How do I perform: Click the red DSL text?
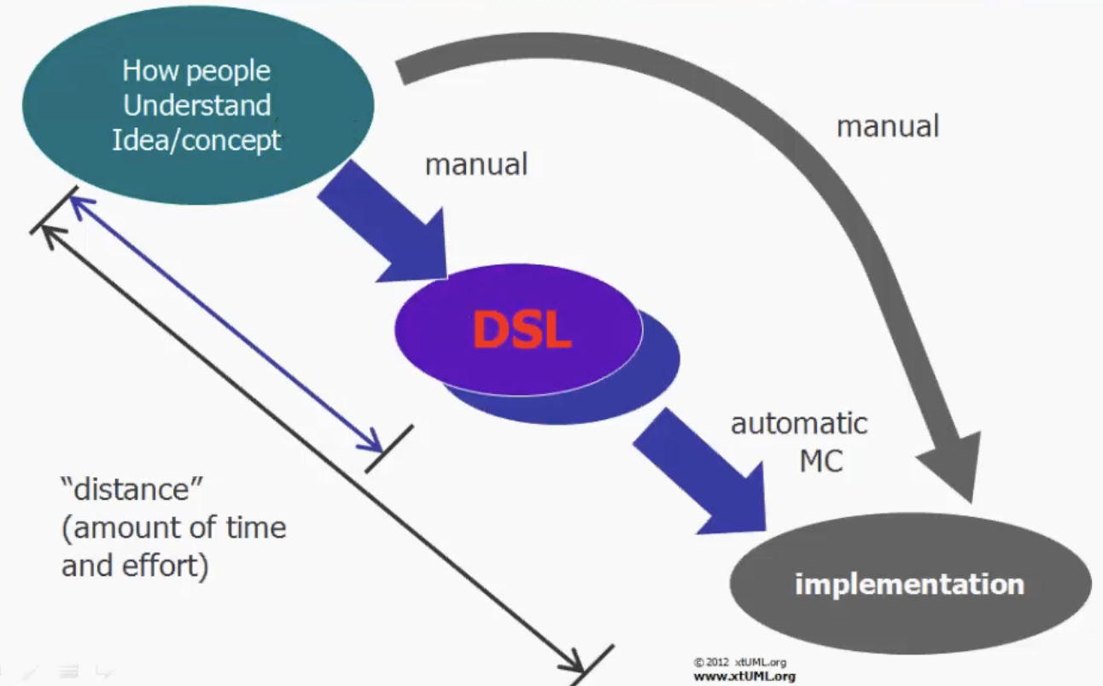tap(522, 330)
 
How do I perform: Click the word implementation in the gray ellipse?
tap(909, 585)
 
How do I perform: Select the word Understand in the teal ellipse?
tap(197, 105)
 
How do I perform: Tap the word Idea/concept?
tap(196, 139)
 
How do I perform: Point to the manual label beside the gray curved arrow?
tap(887, 126)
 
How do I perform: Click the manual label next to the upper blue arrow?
tap(476, 164)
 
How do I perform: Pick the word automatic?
tap(799, 423)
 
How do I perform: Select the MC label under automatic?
tap(820, 461)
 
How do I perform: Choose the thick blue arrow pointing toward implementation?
tap(700, 469)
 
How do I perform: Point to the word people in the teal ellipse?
tap(235, 71)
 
